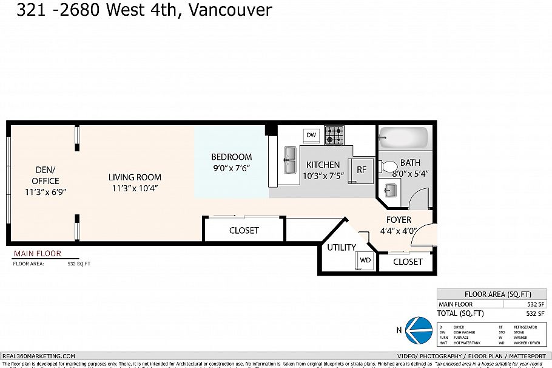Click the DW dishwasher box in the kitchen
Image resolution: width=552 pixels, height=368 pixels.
311,135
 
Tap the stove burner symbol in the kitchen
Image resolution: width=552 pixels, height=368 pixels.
334,135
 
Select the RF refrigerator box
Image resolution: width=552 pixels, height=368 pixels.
362,170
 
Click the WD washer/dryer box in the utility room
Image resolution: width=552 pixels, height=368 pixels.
365,260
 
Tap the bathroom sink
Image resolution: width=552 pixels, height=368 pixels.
389,190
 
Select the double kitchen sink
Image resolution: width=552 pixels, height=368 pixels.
289,159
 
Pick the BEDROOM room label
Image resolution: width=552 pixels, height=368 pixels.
231,157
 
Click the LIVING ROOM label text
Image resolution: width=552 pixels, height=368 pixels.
135,177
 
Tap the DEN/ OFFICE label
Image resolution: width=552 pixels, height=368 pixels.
45,176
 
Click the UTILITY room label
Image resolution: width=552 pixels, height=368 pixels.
342,248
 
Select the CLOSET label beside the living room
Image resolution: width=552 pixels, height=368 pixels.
244,230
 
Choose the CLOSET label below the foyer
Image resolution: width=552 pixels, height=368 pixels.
408,262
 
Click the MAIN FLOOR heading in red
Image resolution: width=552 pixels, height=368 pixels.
37,254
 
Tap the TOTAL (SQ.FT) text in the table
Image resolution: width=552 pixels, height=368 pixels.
461,313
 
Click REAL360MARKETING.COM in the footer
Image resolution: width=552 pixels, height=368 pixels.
39,356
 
